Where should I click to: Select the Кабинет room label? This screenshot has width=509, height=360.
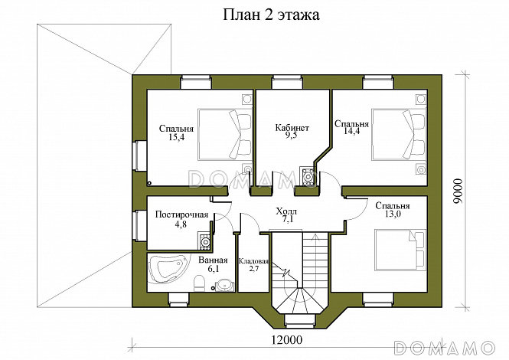[292, 128]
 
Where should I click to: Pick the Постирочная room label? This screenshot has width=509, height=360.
[181, 214]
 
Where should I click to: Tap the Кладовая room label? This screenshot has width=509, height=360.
[253, 260]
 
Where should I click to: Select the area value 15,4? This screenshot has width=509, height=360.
[177, 137]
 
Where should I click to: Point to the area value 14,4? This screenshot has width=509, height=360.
[352, 132]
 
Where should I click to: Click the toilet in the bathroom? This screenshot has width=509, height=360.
[198, 284]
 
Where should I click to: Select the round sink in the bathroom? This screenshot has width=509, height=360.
[224, 285]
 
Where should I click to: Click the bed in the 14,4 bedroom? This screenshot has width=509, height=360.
[398, 133]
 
